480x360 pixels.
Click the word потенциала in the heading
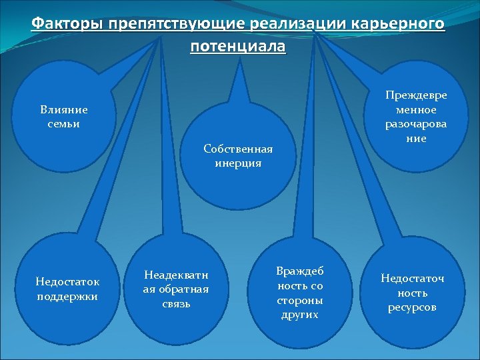[237, 47]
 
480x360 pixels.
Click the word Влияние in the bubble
[64, 110]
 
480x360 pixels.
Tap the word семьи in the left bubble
[64, 124]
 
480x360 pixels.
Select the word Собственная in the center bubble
[238, 149]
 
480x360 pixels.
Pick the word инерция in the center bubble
[238, 163]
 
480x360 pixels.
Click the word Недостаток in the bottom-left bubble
[67, 282]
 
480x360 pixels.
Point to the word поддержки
[67, 296]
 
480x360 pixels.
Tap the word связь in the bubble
[176, 304]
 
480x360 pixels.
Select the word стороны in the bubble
[299, 300]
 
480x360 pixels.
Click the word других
[299, 315]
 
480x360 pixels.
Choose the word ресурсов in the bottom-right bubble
[412, 307]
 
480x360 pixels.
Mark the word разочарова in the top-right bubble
[416, 124]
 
